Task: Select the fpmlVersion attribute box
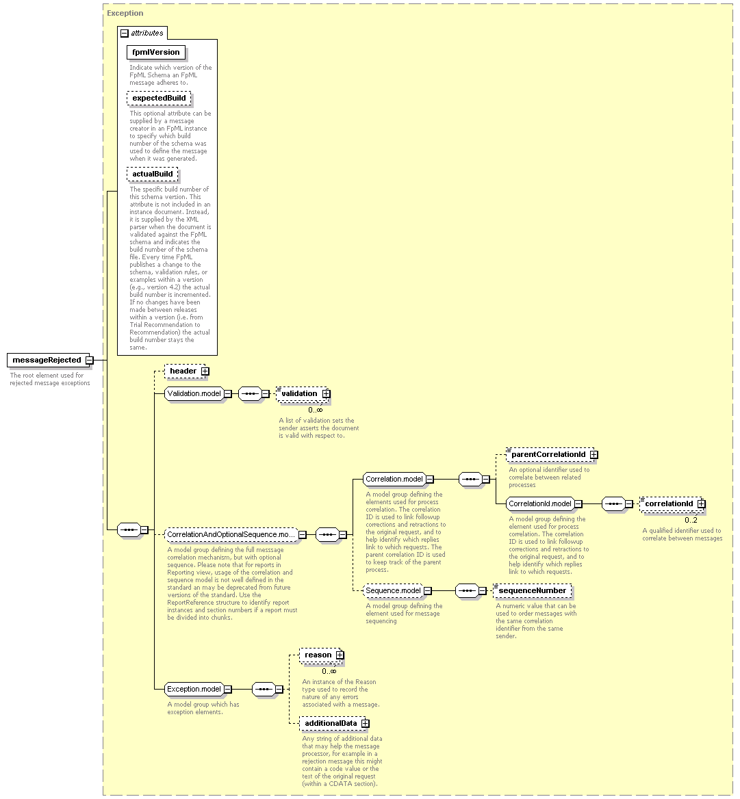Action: (x=156, y=53)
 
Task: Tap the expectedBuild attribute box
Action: (x=159, y=99)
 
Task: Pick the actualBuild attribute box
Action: (x=153, y=174)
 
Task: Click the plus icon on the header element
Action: (x=205, y=371)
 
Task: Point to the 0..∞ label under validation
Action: (x=315, y=410)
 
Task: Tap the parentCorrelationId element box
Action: (x=552, y=454)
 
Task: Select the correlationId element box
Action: (x=672, y=504)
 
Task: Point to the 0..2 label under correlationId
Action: (x=691, y=521)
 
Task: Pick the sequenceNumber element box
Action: (x=533, y=591)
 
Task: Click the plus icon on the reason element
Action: (x=340, y=655)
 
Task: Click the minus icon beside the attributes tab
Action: (x=125, y=34)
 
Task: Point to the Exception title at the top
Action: (x=125, y=13)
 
